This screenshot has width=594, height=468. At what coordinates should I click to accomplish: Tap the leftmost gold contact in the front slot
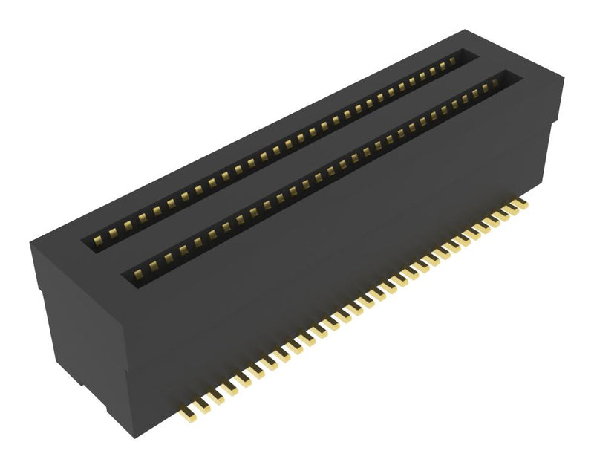point(139,273)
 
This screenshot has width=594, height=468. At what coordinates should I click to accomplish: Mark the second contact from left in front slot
point(154,264)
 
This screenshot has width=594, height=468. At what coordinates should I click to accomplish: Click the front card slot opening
point(319,178)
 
